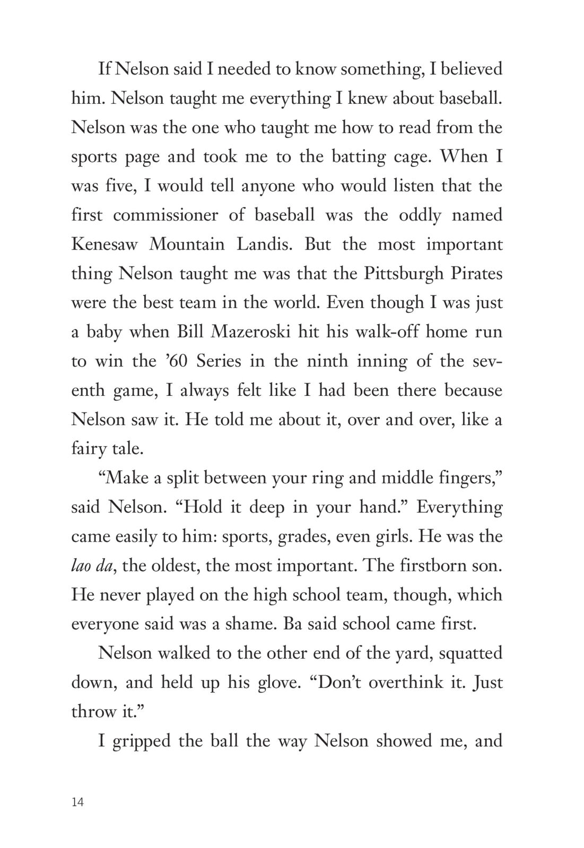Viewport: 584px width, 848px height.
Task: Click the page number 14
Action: pos(77,802)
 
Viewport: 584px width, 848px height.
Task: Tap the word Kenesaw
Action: pos(105,244)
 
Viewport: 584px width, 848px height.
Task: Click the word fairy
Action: pos(88,449)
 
